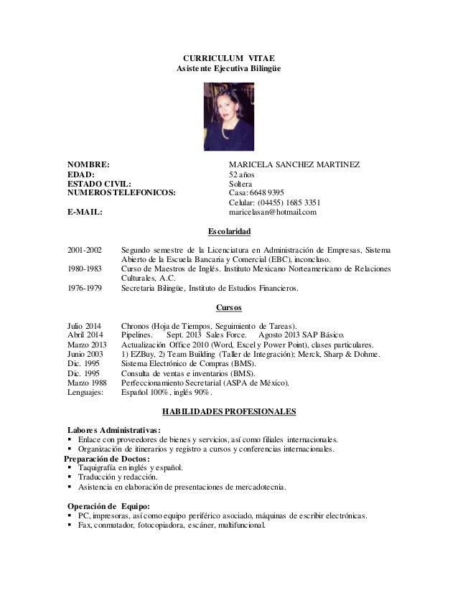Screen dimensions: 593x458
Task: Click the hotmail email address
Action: [x=272, y=213]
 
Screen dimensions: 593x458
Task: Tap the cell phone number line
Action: [x=274, y=202]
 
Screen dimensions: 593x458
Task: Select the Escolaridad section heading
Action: [x=229, y=232]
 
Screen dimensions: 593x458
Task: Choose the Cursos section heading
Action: [x=229, y=308]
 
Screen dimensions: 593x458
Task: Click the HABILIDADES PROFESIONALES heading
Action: [x=229, y=412]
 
